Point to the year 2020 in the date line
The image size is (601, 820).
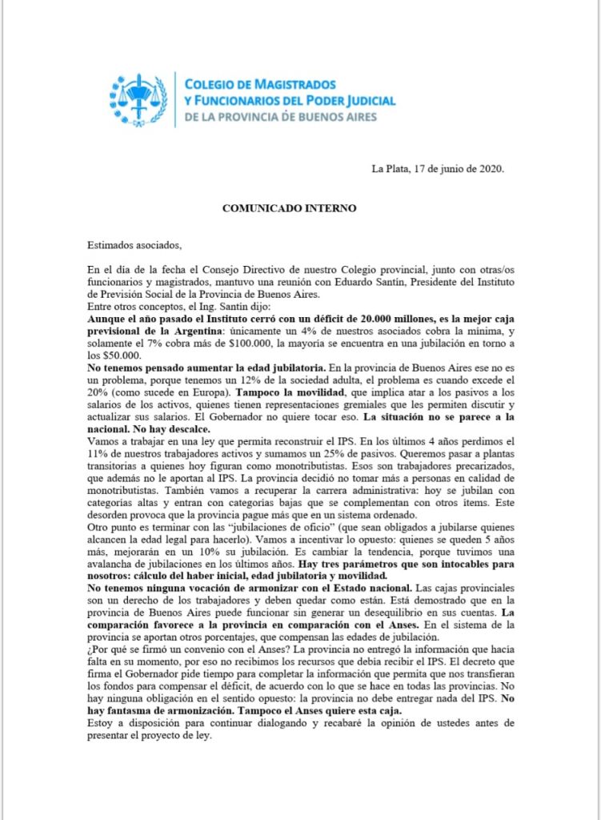point(490,168)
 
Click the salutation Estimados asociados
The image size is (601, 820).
point(134,245)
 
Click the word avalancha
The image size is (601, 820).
point(116,564)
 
